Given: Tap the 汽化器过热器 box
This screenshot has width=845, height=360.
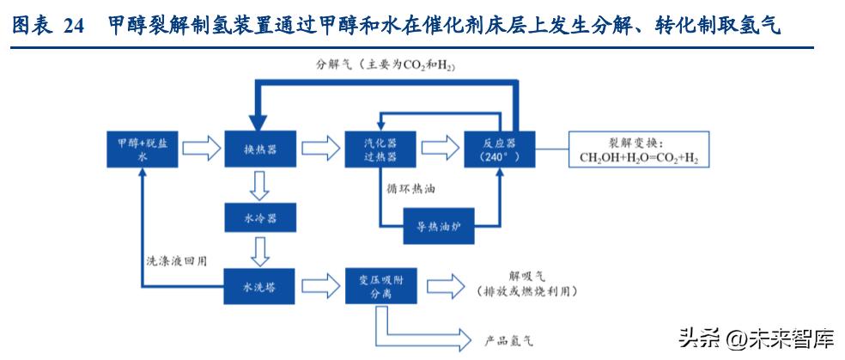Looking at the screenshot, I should (x=380, y=149).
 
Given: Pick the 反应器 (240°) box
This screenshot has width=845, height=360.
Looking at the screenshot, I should (x=498, y=149).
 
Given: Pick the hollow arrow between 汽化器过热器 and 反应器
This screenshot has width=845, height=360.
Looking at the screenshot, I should (x=439, y=149).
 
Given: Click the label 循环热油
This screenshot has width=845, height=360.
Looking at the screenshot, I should (x=410, y=186).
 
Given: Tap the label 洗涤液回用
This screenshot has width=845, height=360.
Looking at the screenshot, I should (x=175, y=259).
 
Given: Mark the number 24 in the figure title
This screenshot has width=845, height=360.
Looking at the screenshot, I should (x=75, y=27).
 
